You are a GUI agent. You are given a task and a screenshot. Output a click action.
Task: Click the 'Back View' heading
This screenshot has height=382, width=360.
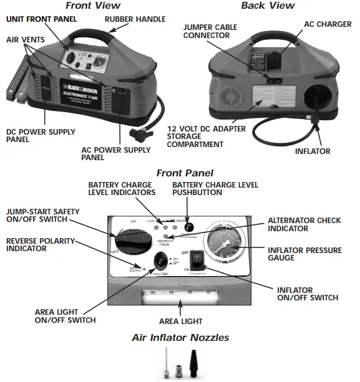pyautogui.click(x=268, y=6)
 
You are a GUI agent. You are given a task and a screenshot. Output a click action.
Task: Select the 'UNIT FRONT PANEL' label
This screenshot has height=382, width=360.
pyautogui.click(x=42, y=19)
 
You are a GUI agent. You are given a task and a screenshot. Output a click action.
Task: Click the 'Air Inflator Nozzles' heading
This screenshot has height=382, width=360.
pyautogui.click(x=180, y=338)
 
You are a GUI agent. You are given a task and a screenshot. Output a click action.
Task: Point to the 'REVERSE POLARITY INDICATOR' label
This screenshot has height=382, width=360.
pyautogui.click(x=40, y=244)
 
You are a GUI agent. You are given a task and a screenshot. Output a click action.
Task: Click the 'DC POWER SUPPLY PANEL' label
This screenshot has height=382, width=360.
pyautogui.click(x=40, y=136)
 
